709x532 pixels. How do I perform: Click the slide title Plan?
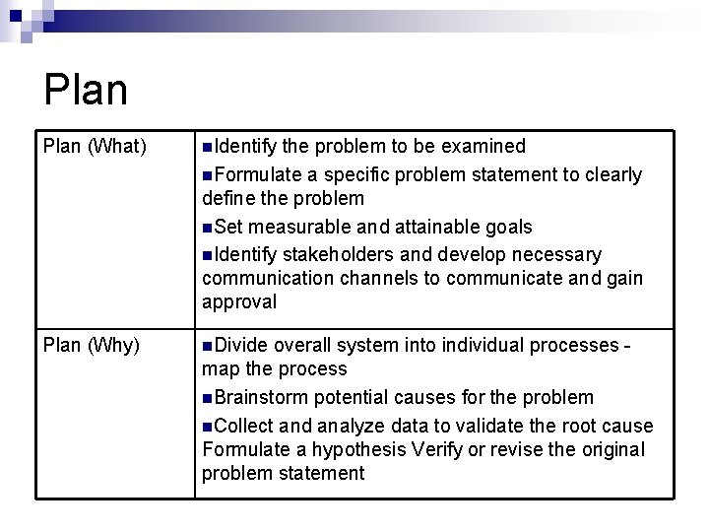coord(86,90)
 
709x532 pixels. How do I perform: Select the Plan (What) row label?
coord(95,148)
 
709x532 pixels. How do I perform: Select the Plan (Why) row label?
coord(91,346)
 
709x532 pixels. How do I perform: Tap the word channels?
coord(379,280)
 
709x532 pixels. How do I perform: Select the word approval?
coord(239,303)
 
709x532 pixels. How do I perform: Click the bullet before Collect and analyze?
coord(207,427)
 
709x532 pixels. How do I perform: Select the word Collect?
coord(244,426)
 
